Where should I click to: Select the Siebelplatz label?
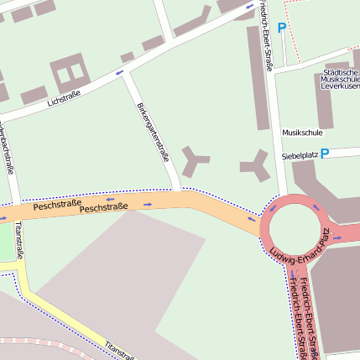[299, 155]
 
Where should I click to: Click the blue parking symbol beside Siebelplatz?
[324, 154]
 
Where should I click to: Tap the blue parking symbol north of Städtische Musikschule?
[282, 28]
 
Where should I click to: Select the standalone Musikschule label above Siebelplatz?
[301, 133]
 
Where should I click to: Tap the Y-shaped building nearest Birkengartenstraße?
[196, 160]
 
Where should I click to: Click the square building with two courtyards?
[69, 73]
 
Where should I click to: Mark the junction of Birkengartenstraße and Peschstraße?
[178, 192]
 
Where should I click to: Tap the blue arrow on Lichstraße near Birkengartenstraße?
[119, 72]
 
